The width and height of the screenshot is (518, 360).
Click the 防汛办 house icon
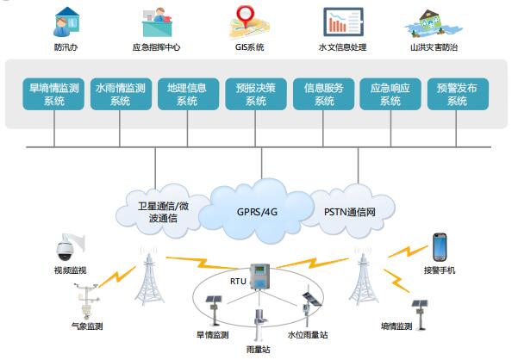(x=66, y=22)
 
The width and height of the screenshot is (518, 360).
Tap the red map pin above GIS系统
(x=245, y=16)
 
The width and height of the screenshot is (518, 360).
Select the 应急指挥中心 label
(x=156, y=47)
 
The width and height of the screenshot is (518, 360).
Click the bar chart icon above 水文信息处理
(x=343, y=22)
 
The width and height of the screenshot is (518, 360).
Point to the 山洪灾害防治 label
(x=434, y=47)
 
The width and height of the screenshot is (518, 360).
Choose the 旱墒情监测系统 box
(x=53, y=94)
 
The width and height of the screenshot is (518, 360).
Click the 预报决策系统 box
(x=256, y=94)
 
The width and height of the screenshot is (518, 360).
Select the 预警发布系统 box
(x=458, y=94)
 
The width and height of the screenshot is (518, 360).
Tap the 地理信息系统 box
(x=188, y=94)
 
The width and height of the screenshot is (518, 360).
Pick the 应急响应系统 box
(x=390, y=94)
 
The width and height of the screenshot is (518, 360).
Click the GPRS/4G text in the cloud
(x=257, y=212)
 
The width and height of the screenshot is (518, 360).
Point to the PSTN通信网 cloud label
(x=350, y=212)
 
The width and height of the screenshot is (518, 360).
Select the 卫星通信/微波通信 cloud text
(x=163, y=212)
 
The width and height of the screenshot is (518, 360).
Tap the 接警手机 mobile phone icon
(x=440, y=247)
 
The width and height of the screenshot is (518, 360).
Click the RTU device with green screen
(x=259, y=276)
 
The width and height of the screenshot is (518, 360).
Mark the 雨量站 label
(x=258, y=350)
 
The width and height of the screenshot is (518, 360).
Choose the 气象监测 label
(x=87, y=326)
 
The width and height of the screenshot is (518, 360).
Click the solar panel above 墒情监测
(x=420, y=303)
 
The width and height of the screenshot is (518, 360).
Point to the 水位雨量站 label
(x=308, y=335)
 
